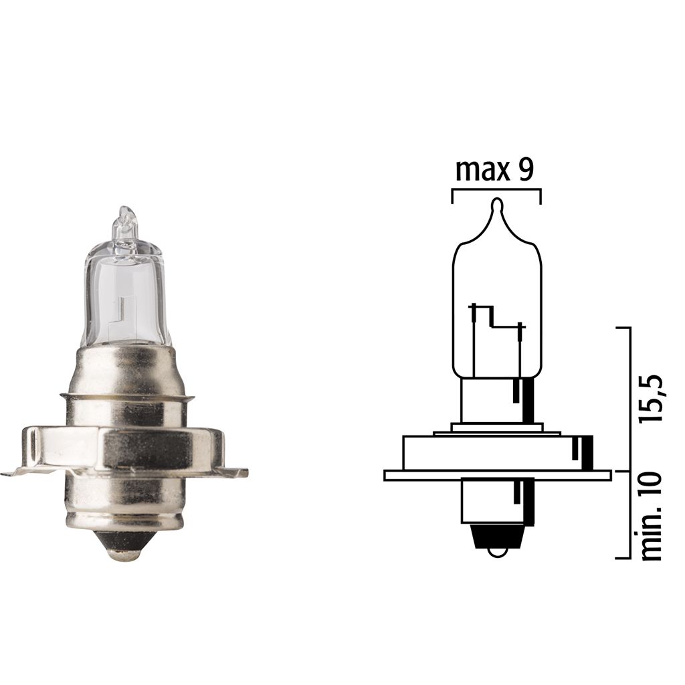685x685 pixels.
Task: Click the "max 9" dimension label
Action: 494,171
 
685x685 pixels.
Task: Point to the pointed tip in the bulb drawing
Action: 496,205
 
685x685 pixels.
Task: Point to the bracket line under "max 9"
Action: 496,191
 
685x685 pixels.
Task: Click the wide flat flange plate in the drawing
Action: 498,475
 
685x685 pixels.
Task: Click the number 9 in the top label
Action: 525,171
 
